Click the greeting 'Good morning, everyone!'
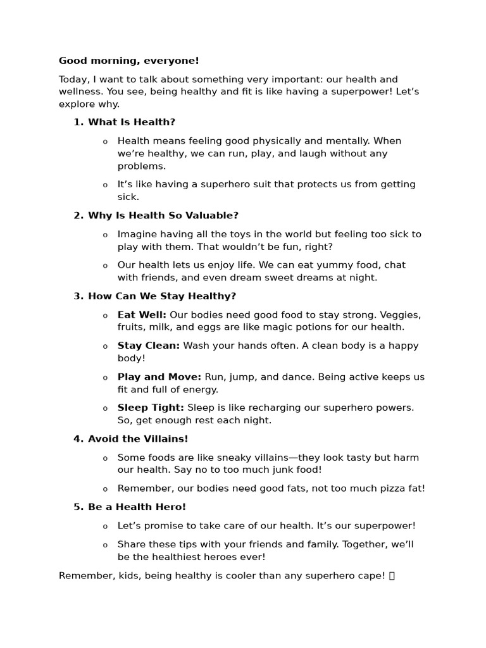point(128,61)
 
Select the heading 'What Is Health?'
point(132,122)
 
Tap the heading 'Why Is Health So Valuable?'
point(163,216)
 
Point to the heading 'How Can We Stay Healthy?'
point(162,296)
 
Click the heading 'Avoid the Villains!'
point(138,439)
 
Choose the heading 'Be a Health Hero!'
point(137,507)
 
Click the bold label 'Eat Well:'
point(142,315)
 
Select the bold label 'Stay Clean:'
point(149,346)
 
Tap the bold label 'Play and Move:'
point(159,377)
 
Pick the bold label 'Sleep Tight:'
point(151,408)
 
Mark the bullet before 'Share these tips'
point(105,545)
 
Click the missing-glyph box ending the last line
point(392,576)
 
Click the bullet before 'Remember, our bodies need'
point(105,489)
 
